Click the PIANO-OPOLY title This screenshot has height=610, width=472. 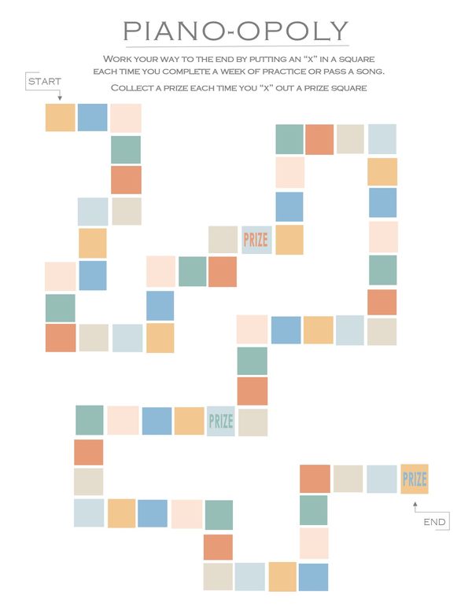coord(236,31)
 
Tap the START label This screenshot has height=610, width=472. coord(44,81)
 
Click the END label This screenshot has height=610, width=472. coord(434,522)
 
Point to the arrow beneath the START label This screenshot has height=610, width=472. coord(60,95)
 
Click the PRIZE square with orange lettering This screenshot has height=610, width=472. coord(256,240)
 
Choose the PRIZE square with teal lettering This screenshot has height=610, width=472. coord(221,421)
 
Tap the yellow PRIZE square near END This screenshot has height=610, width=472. coord(415,479)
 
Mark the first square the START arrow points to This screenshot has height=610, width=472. coord(61,117)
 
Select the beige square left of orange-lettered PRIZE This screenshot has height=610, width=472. coord(223,240)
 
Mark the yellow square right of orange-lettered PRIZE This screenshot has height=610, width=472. coord(289,240)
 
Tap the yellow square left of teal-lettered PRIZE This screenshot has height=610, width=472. coord(189,421)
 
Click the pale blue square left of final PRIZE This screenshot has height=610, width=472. coord(382,479)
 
